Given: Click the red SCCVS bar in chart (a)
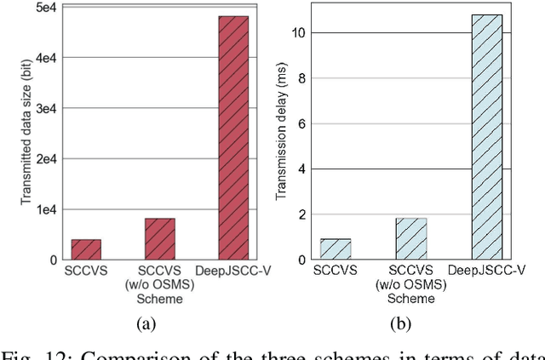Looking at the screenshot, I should (x=86, y=249).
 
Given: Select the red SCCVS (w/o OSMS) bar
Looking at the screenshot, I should (x=159, y=239).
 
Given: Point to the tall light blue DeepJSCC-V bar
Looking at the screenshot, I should (x=487, y=137).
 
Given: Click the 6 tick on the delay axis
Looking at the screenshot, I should (x=290, y=123).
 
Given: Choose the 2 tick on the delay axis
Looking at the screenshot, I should (x=290, y=214).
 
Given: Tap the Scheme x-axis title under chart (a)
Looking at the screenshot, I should (x=159, y=297).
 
